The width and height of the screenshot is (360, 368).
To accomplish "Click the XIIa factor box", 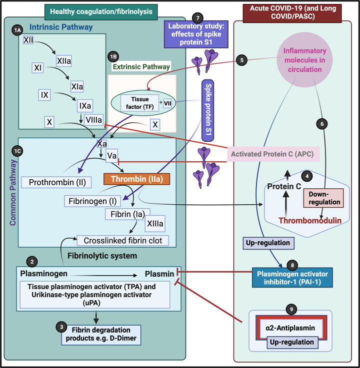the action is tap(64, 61).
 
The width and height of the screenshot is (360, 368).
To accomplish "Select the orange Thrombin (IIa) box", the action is tap(137, 179).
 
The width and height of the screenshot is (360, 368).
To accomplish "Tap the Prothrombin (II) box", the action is tap(56, 182).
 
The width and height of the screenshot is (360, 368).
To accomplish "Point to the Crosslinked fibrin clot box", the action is tap(122, 241).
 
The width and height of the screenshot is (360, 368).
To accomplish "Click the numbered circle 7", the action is tap(197, 18).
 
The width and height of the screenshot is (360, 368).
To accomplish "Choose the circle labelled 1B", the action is tap(113, 56).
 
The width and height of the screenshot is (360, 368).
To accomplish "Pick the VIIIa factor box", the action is tap(94, 120).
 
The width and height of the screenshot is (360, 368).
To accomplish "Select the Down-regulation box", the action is tap(323, 198).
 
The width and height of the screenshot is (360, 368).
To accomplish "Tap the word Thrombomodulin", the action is tap(310, 221).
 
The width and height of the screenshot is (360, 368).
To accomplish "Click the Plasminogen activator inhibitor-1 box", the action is tap(292, 278).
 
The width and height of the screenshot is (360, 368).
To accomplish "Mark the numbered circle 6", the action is tap(322, 124).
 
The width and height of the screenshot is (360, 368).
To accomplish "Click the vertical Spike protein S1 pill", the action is tap(208, 110).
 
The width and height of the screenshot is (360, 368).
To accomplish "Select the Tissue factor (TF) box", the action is tap(140, 103).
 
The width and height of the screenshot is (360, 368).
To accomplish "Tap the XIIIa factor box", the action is tap(155, 223).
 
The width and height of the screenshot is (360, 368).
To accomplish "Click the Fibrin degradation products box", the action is tap(101, 335).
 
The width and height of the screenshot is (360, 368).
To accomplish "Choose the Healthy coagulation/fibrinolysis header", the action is tap(101, 11).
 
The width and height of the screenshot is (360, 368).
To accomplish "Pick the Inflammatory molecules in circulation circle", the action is tap(305, 60).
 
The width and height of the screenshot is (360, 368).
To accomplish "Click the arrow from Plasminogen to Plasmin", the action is tap(102, 275).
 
